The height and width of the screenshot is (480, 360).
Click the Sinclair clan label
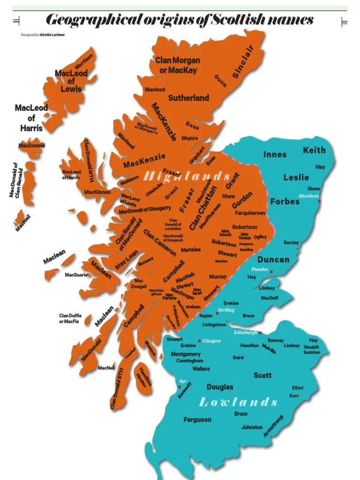(x=243, y=61)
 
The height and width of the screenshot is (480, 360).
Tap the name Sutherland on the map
(x=188, y=98)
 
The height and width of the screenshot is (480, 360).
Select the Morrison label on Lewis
(x=84, y=62)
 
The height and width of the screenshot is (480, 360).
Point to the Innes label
(x=275, y=155)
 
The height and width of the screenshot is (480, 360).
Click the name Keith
(x=314, y=150)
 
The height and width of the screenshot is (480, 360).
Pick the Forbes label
(x=285, y=201)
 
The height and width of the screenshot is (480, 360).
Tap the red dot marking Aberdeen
(x=320, y=201)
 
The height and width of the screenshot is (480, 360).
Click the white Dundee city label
(x=260, y=269)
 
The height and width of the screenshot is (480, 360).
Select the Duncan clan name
(x=273, y=260)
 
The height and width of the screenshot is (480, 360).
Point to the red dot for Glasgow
(x=200, y=341)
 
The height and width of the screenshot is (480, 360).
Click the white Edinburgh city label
(x=246, y=332)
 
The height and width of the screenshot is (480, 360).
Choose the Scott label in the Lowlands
(x=262, y=375)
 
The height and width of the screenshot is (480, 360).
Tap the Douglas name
(x=220, y=387)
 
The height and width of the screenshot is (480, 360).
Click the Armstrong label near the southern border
(x=273, y=426)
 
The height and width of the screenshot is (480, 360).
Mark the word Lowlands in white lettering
(x=238, y=402)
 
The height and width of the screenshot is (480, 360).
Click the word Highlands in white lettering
(x=187, y=176)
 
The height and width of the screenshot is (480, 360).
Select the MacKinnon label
(x=97, y=192)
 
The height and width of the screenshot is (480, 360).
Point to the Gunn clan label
(x=220, y=81)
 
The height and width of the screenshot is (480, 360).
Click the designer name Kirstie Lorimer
(x=52, y=35)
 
